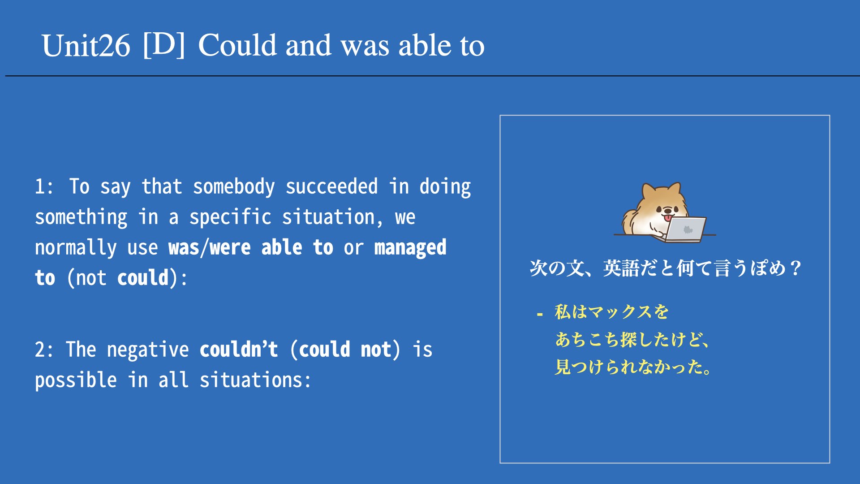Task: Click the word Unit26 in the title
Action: (86, 46)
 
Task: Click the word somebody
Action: (234, 187)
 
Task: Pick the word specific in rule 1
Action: (230, 217)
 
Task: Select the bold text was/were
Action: (209, 248)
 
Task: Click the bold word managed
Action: (410, 248)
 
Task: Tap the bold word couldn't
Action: (239, 350)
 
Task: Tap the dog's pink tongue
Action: (667, 218)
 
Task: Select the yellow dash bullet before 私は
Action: (540, 315)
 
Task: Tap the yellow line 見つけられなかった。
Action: (633, 367)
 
